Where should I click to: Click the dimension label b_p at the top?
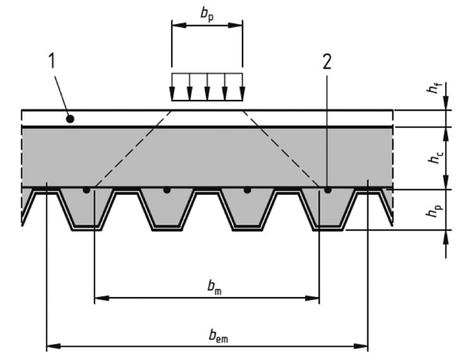pos(207,14)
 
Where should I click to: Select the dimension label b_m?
pos(214,287)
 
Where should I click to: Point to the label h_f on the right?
pos(434,88)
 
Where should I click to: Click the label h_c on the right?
pos(435,157)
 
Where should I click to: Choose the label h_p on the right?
pos(435,210)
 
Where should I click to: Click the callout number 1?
pos(51,61)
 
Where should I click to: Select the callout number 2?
pos(327,62)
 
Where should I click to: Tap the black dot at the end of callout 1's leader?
pos(70,119)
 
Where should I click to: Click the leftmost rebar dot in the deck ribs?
pos(87,189)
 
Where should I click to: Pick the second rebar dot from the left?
pos(167,189)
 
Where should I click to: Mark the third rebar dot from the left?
pos(247,189)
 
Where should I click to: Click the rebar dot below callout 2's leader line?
pos(328,189)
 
